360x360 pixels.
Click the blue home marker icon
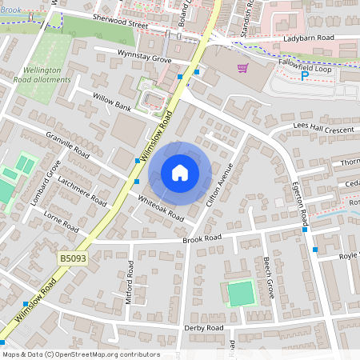[x=180, y=173]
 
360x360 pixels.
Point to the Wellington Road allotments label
[x=43, y=76]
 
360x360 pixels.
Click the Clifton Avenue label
[x=219, y=185]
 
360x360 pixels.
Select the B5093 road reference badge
[x=72, y=258]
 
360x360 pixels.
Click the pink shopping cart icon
[x=242, y=69]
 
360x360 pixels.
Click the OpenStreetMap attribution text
[x=80, y=354]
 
